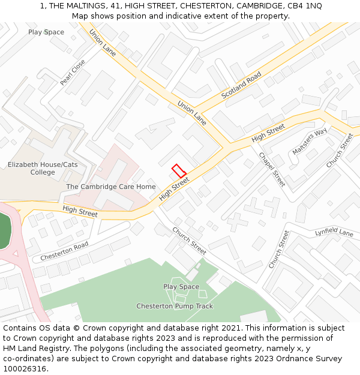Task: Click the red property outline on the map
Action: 179,170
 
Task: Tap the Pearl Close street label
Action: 73,72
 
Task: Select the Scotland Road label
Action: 241,86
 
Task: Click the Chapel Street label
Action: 272,169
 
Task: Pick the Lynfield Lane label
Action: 334,232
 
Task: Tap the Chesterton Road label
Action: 64,251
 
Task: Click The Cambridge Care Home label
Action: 111,187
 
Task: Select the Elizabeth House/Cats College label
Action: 43,169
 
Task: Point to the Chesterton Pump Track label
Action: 175,306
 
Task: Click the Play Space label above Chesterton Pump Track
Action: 181,287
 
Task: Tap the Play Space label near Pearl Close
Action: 46,32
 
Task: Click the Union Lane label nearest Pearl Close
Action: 103,43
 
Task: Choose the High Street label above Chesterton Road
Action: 80,211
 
